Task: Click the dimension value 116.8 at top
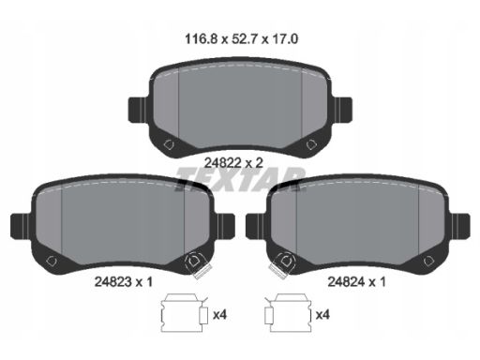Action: pos(201,39)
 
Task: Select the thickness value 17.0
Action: pos(285,39)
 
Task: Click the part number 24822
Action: pos(222,163)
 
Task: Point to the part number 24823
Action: pos(112,282)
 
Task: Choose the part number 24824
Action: pos(346,282)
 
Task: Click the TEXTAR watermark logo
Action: pos(240,179)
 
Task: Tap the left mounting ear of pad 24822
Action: pos(137,110)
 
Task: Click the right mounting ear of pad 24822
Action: pos(343,110)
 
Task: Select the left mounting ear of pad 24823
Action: pos(21,226)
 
